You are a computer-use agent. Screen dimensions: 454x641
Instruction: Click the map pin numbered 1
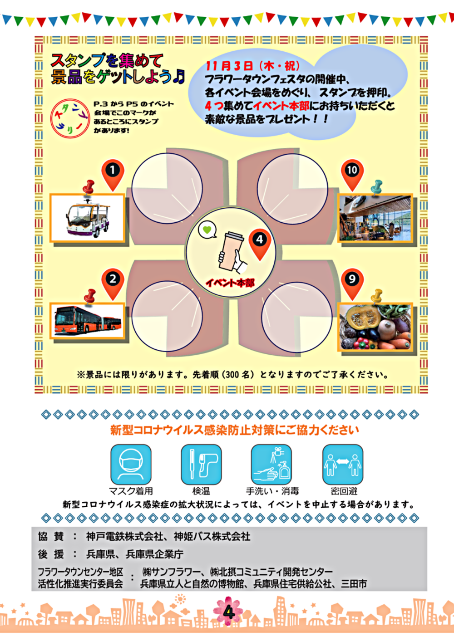(x=113, y=175)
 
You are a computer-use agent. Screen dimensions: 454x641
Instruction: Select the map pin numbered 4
(x=260, y=244)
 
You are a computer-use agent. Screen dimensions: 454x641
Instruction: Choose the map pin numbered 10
(x=352, y=175)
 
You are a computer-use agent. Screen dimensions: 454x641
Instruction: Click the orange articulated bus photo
(x=88, y=321)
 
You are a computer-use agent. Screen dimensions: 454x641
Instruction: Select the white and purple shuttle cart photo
(x=88, y=218)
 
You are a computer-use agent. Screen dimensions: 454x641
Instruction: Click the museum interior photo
(x=375, y=218)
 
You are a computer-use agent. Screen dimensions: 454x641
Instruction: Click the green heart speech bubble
(x=207, y=230)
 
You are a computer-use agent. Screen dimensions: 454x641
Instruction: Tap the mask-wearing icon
(x=131, y=464)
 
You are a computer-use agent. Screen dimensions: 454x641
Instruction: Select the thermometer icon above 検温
(x=201, y=464)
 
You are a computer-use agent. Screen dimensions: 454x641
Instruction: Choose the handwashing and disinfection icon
(x=271, y=464)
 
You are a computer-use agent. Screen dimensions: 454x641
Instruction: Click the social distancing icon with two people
(x=343, y=464)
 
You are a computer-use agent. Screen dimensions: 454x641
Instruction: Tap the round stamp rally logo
(x=70, y=118)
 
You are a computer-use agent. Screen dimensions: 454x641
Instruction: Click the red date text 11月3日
(x=229, y=66)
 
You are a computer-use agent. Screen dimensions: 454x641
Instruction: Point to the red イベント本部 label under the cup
(x=230, y=283)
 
